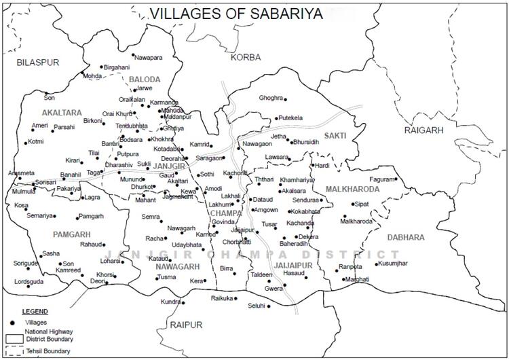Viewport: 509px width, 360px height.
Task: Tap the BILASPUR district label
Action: click(38, 62)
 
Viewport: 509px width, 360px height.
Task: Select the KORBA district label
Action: click(245, 57)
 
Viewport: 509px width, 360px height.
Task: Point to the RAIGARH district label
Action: click(423, 130)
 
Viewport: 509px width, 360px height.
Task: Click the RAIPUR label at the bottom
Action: click(186, 325)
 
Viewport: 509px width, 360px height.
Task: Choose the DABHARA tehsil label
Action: click(406, 237)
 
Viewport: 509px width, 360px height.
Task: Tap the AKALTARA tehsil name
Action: click(61, 112)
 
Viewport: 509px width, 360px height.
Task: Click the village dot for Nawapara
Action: click(133, 56)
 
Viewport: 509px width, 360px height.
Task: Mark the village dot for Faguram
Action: click(396, 179)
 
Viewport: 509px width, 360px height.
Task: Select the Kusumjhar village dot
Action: click(375, 263)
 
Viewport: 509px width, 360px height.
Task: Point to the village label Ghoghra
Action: click(270, 98)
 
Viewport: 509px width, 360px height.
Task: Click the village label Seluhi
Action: click(256, 306)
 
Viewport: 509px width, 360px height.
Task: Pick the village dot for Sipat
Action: click(354, 204)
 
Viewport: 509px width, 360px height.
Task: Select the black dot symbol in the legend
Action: click(12, 321)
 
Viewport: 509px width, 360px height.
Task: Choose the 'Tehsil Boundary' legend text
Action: click(48, 350)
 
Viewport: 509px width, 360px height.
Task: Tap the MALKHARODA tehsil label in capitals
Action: click(352, 189)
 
